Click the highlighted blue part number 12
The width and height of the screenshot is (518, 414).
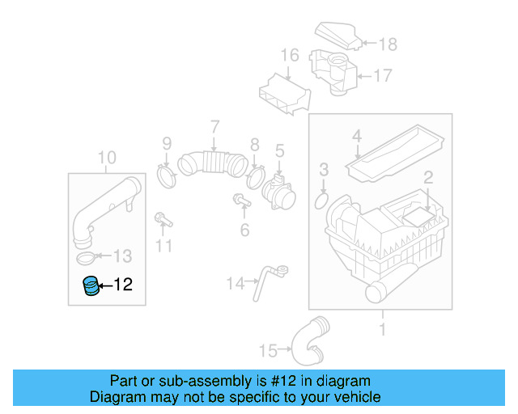click(92, 285)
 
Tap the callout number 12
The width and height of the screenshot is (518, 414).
click(122, 285)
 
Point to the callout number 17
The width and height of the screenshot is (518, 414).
click(382, 76)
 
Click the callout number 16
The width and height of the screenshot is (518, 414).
click(290, 56)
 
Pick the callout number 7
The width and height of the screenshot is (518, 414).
click(214, 126)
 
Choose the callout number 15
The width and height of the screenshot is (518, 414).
click(268, 350)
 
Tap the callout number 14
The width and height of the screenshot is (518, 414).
click(235, 283)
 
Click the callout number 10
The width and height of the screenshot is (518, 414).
click(107, 157)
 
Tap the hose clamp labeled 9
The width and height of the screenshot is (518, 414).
click(167, 174)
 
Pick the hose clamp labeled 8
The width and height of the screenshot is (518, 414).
click(256, 174)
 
